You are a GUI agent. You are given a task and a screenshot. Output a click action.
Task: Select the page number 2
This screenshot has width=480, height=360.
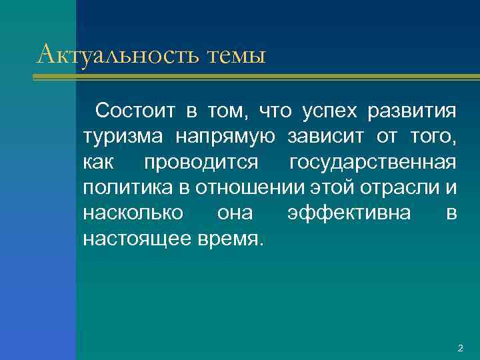point(460,348)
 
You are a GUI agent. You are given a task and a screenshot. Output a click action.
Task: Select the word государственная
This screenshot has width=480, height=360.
point(373,162)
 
